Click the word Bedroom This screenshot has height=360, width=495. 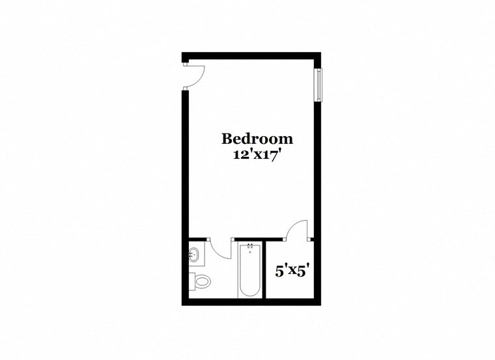click(x=257, y=139)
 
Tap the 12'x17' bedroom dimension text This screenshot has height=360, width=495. click(x=257, y=156)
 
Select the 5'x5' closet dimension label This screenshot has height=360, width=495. click(x=291, y=271)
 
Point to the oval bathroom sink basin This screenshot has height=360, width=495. click(x=194, y=255)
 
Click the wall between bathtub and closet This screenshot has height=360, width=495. click(x=266, y=270)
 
